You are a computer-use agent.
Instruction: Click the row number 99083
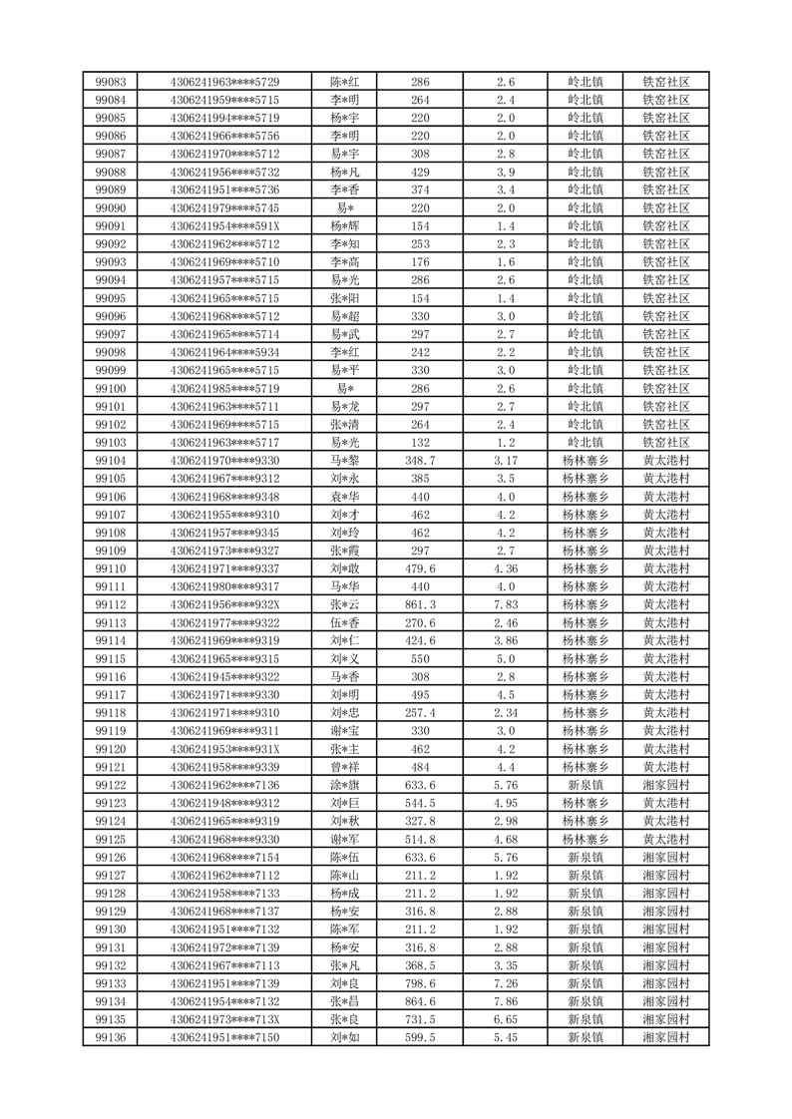(110, 82)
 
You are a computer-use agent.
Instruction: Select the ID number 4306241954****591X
(225, 226)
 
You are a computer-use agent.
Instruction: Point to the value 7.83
(506, 604)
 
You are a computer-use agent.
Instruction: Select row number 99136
(110, 1038)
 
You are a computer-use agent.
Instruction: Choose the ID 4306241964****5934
(225, 352)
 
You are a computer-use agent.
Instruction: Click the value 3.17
(506, 460)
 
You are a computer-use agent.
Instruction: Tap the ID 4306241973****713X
(225, 1020)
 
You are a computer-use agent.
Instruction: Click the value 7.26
(506, 984)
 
